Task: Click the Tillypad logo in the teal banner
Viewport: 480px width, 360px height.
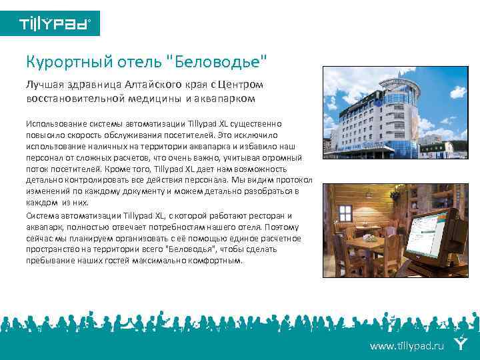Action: click(55, 25)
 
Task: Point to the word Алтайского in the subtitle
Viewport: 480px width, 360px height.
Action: click(146, 85)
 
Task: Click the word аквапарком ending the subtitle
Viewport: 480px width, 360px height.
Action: click(227, 99)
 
